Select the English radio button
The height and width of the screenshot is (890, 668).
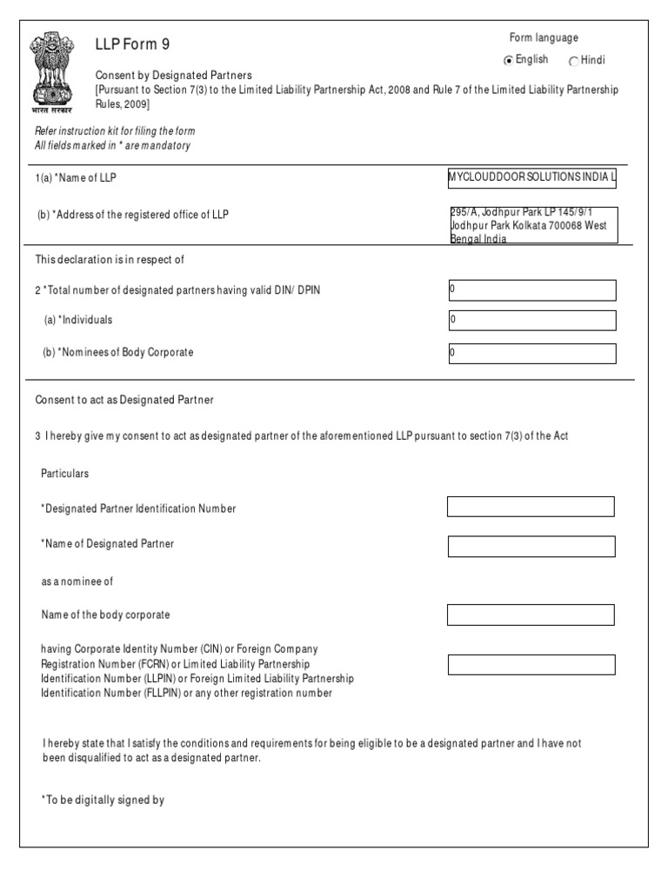(x=509, y=60)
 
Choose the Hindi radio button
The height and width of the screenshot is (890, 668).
(x=573, y=61)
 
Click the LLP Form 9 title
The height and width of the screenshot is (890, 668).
(x=138, y=44)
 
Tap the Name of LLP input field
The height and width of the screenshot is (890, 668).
(x=531, y=177)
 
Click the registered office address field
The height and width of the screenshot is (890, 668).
(x=531, y=225)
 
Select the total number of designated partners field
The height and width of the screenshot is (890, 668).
(x=531, y=289)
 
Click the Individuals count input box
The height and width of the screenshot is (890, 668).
(x=531, y=321)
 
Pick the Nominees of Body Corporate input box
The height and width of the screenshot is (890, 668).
(x=531, y=353)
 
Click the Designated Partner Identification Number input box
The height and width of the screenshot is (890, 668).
(x=531, y=507)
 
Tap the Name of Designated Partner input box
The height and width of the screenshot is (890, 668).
(x=531, y=546)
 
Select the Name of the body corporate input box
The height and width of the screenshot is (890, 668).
(x=531, y=615)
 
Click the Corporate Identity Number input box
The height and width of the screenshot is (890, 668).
(x=531, y=665)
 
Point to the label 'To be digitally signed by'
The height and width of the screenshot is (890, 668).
(x=103, y=800)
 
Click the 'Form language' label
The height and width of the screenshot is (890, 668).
(x=544, y=37)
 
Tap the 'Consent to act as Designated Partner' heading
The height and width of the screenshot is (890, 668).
(x=124, y=400)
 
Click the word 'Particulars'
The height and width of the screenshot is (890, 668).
(x=65, y=474)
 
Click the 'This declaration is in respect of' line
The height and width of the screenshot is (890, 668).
(x=110, y=259)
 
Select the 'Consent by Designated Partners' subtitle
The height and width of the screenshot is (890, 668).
(x=173, y=76)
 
